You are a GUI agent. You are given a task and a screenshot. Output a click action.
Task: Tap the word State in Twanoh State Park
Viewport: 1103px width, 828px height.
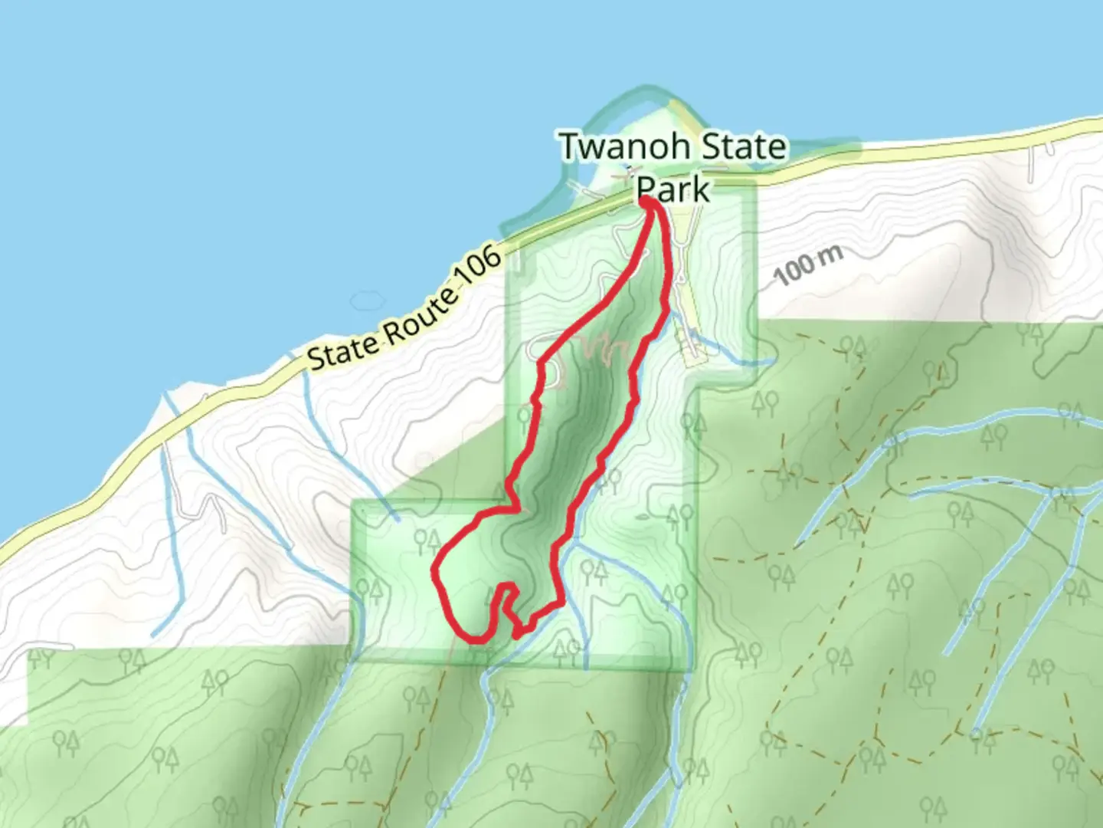744,146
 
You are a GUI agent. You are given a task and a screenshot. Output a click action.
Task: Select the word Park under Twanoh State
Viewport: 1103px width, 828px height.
673,188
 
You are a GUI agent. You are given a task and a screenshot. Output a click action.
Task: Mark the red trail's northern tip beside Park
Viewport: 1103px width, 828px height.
647,201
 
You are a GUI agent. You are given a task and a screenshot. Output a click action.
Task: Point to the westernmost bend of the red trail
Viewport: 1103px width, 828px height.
435,571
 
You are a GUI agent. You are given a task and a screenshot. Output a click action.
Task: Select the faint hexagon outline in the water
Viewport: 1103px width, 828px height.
368,301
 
